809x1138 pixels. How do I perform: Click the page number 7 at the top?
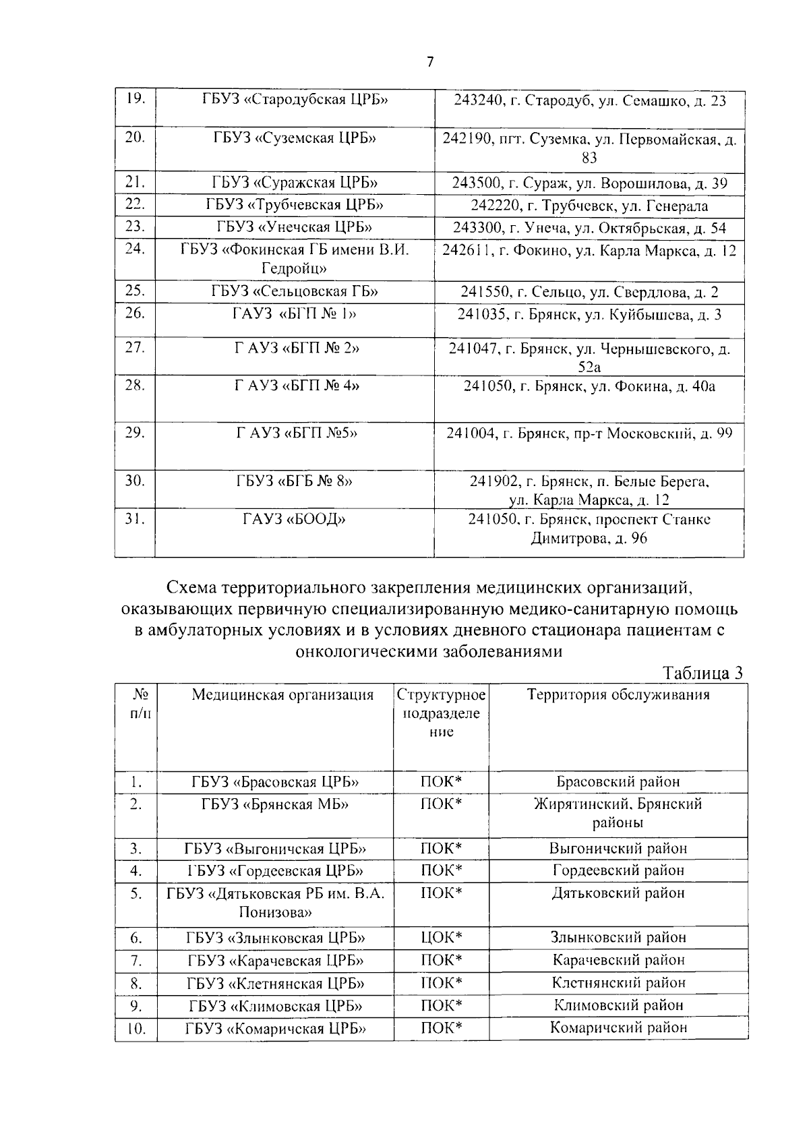(430, 62)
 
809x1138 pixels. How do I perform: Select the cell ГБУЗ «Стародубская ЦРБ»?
(295, 100)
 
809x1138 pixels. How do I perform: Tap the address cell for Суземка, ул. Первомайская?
(589, 149)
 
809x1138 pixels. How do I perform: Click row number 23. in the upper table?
(136, 227)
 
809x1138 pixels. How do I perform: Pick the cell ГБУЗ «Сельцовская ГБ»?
(295, 291)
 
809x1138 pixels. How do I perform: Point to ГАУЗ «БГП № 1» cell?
(295, 314)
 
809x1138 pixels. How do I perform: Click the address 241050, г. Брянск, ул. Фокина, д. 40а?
(589, 387)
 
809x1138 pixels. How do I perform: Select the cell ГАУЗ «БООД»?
(295, 520)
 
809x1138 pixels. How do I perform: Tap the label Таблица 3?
(702, 673)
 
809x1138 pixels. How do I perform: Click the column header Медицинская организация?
(282, 695)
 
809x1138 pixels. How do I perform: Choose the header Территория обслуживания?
(618, 695)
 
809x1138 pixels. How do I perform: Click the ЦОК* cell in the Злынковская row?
(441, 938)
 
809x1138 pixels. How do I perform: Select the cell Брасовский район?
(618, 782)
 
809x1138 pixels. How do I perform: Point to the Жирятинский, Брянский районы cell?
(618, 813)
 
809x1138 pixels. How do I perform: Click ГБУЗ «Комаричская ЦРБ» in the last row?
(276, 1029)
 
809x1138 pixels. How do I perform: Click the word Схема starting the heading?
(191, 588)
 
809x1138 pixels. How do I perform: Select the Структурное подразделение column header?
(441, 713)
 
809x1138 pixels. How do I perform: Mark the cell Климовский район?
(618, 1006)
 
